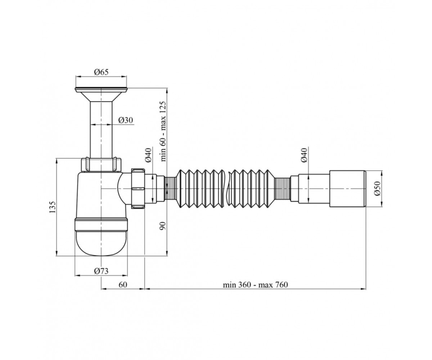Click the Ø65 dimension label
coord(101,72)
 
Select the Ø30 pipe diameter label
coord(126,120)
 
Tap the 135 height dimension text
coord(53,207)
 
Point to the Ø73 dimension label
coord(101,271)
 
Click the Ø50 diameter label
coord(377,189)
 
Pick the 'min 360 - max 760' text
coord(255,285)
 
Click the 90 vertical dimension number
coord(163,226)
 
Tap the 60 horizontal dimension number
coord(123,285)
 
